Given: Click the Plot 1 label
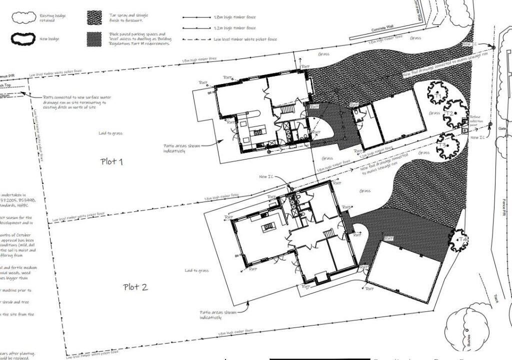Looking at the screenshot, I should tap(112, 161).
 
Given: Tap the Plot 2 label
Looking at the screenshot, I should tap(135, 287).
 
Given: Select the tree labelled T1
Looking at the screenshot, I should tap(438, 92).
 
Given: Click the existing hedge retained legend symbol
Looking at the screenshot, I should tap(24, 18).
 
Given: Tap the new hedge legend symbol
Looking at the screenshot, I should tap(24, 38).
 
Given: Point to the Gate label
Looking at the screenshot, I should tap(502, 128).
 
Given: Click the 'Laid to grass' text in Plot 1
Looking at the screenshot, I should tap(111, 133).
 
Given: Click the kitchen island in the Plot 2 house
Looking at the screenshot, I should tap(268, 227).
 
